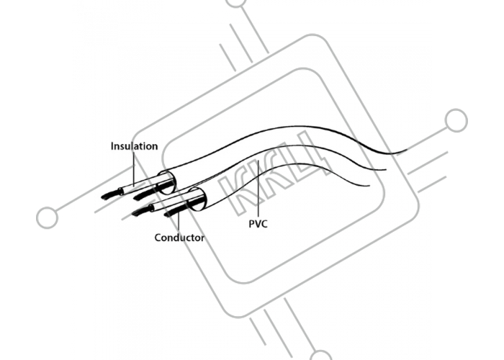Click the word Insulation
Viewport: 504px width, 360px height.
click(x=135, y=146)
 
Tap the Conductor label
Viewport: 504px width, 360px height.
click(x=179, y=238)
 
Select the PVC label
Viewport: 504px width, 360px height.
click(x=258, y=224)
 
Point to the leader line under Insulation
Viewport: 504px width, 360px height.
click(x=134, y=169)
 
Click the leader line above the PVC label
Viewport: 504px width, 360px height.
click(x=258, y=189)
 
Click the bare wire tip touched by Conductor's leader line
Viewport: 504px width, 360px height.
click(x=175, y=211)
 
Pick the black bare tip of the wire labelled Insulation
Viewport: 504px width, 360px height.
click(x=111, y=194)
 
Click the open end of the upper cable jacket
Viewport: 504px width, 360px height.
click(x=167, y=183)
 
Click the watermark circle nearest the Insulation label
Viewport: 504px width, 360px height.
click(x=48, y=217)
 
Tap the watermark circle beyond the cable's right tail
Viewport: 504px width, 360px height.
click(x=456, y=120)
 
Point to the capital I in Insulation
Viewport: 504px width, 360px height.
click(x=112, y=146)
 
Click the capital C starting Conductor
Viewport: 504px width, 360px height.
click(x=158, y=238)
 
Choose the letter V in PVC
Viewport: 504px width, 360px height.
click(x=258, y=224)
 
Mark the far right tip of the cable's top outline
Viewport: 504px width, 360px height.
click(x=407, y=150)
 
